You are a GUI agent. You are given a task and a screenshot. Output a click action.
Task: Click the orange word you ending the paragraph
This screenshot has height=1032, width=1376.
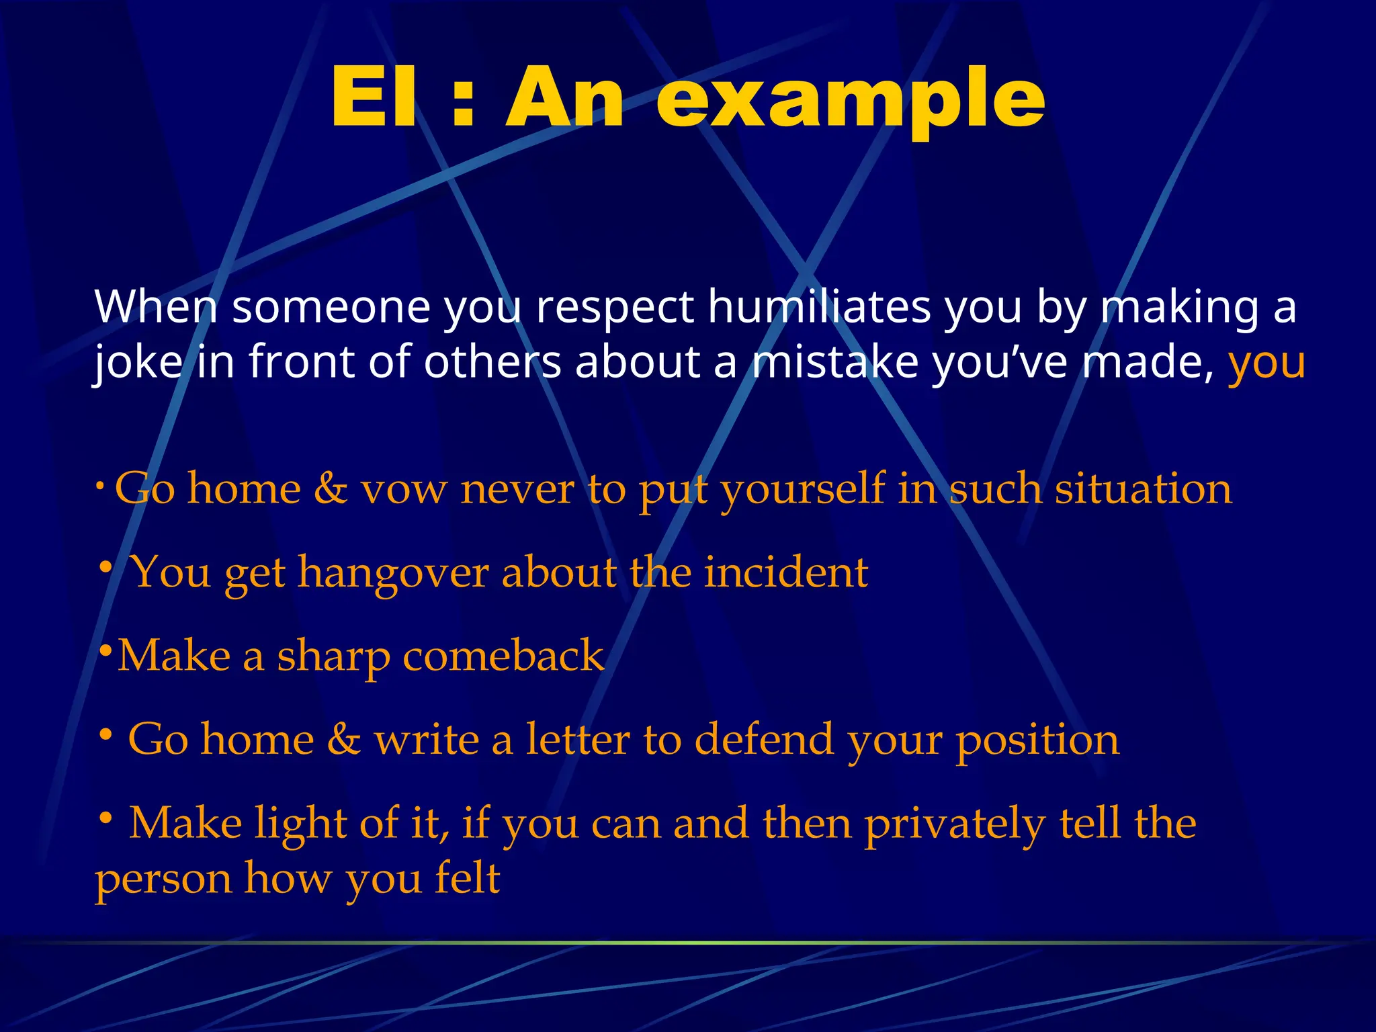click(x=1266, y=363)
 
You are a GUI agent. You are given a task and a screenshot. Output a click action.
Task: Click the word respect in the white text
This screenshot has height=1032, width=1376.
click(x=614, y=308)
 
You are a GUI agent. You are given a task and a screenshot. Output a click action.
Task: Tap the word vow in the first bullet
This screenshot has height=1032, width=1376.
click(x=403, y=490)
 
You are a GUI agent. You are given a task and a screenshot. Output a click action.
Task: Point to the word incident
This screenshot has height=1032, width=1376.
click(x=785, y=572)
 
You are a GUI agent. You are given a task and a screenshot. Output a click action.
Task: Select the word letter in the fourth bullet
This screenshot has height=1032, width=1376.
click(x=577, y=739)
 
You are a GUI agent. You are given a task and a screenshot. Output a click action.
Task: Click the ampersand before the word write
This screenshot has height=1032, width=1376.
click(x=343, y=740)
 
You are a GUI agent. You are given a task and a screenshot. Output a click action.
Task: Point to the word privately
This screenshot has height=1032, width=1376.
click(x=954, y=824)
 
